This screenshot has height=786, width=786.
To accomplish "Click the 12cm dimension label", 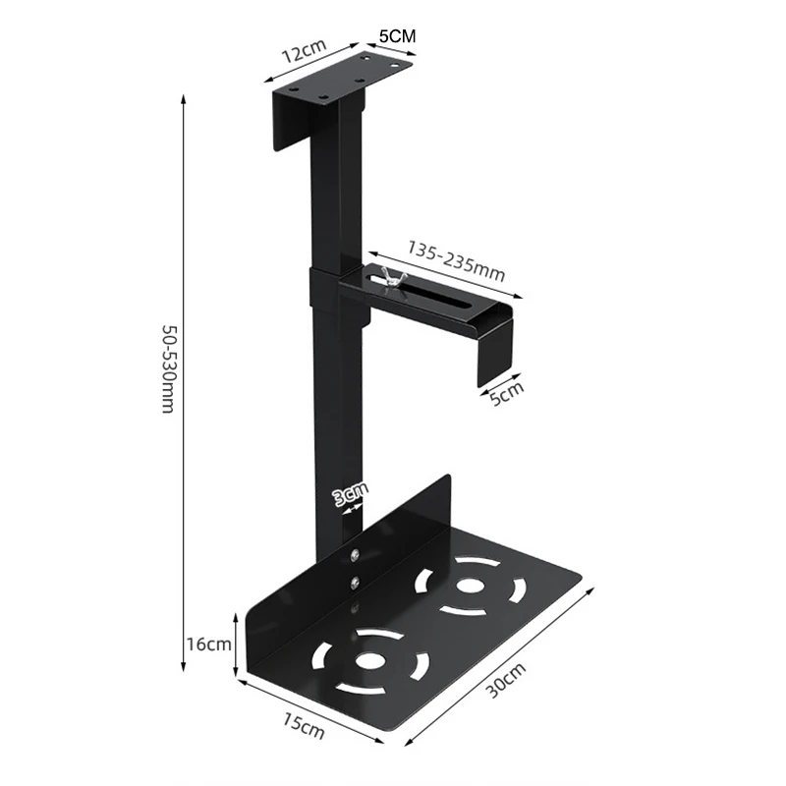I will pos(303,54).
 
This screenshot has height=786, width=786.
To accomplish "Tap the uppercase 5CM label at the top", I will pos(397,34).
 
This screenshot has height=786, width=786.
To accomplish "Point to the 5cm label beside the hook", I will pos(506,392).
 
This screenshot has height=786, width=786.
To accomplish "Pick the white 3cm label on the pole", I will pos(350,493).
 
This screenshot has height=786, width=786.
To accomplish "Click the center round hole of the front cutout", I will pos(370,659).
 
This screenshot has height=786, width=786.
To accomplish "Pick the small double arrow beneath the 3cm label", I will pos(349,510).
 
